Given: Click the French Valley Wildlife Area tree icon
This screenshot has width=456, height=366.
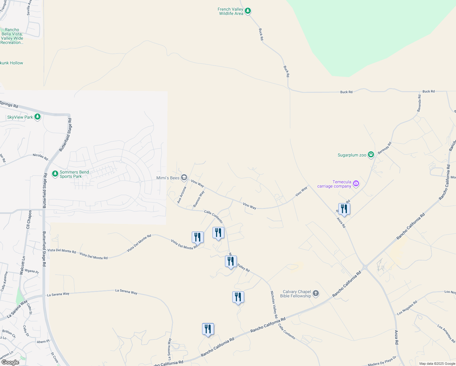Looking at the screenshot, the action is click(248, 11).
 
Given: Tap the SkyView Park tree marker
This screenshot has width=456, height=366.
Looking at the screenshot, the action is click(37, 117).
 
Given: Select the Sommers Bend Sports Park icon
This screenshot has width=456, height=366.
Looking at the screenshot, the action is click(55, 174).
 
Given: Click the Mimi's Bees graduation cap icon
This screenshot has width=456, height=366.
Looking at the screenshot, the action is click(184, 177).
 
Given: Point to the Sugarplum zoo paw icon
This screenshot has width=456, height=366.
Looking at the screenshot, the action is click(371, 155).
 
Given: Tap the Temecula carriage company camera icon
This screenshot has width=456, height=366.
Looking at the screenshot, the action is click(356, 184).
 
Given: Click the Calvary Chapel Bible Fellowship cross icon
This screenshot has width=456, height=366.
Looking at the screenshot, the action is click(316, 293).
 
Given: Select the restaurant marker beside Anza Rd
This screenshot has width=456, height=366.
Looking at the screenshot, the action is click(344, 209).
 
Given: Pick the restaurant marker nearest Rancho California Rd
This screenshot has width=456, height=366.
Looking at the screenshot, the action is click(208, 329).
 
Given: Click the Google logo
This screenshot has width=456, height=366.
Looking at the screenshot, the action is click(10, 362).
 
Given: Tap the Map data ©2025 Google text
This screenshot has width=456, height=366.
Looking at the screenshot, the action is click(437, 364).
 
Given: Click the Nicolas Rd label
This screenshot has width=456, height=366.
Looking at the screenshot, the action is click(40, 157).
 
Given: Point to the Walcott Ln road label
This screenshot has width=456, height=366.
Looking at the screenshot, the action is click(22, 265).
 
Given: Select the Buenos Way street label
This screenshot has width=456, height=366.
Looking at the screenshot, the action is click(199, 199).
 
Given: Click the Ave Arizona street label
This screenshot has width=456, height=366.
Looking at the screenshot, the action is click(182, 195).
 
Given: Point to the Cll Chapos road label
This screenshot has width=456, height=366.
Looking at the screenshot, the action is click(29, 219).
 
